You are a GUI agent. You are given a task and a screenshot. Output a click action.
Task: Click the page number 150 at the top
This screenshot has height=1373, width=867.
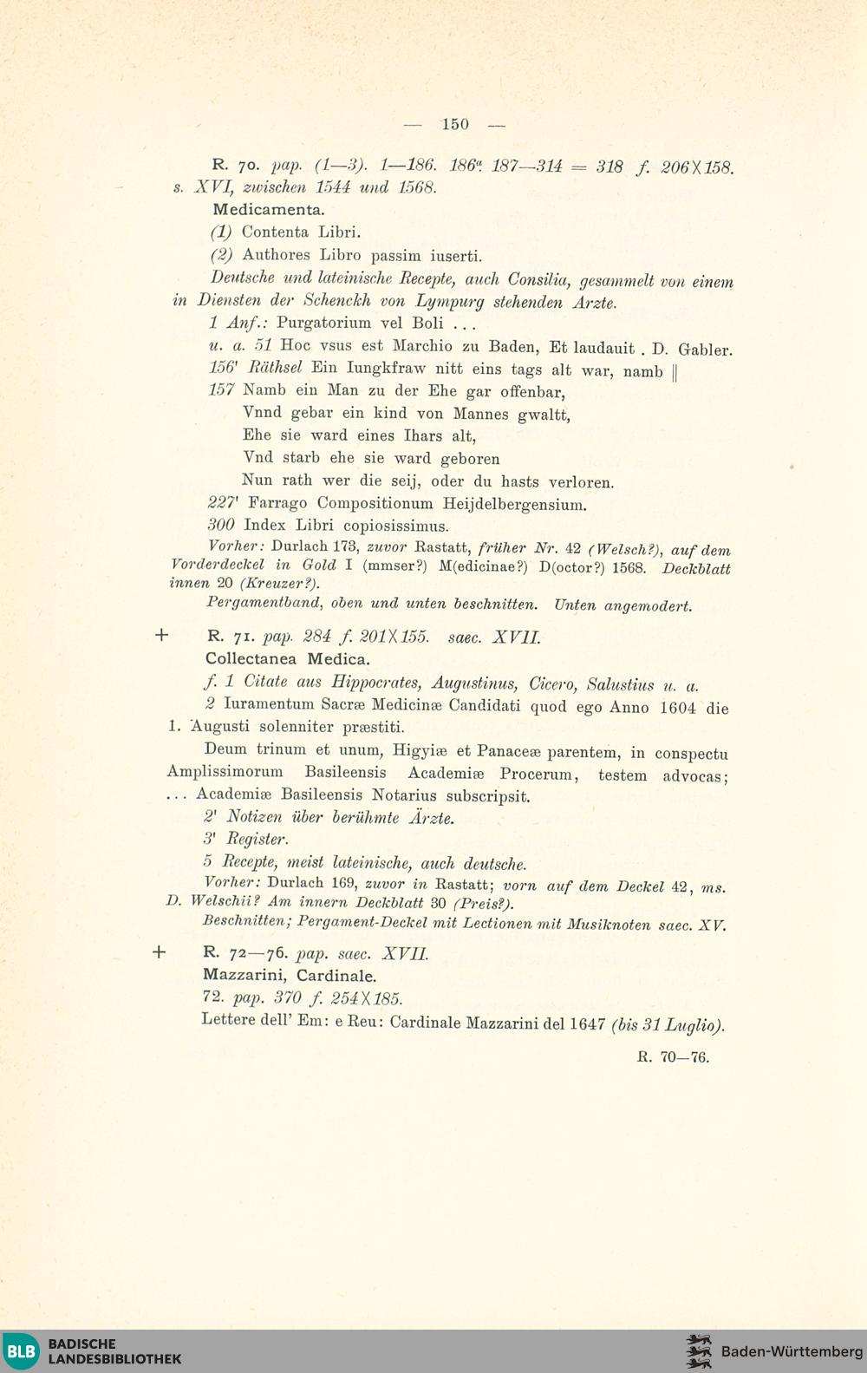click(454, 124)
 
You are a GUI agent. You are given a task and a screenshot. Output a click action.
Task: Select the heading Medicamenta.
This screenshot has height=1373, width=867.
click(269, 210)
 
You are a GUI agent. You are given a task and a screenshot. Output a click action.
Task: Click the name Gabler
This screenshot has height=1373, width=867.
click(705, 350)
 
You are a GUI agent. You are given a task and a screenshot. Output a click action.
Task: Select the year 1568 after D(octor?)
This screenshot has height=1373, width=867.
click(629, 568)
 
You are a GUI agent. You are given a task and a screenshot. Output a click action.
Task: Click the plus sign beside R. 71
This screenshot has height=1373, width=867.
click(161, 635)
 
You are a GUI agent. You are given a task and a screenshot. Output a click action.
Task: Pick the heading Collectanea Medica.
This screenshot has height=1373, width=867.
click(287, 659)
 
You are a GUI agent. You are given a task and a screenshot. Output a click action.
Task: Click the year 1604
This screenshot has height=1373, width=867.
click(677, 708)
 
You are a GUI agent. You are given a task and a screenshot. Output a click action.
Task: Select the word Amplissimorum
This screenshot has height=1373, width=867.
click(225, 772)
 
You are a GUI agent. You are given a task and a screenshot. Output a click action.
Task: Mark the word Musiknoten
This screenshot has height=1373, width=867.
click(608, 925)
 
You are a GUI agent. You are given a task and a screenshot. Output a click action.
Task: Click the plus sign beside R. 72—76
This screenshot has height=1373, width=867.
click(159, 952)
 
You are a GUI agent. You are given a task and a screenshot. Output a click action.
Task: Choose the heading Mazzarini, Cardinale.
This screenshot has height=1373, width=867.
click(290, 976)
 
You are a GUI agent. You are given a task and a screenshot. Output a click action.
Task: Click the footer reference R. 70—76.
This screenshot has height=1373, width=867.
click(673, 1057)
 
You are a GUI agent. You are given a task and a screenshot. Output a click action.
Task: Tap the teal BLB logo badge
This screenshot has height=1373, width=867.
click(21, 1351)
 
